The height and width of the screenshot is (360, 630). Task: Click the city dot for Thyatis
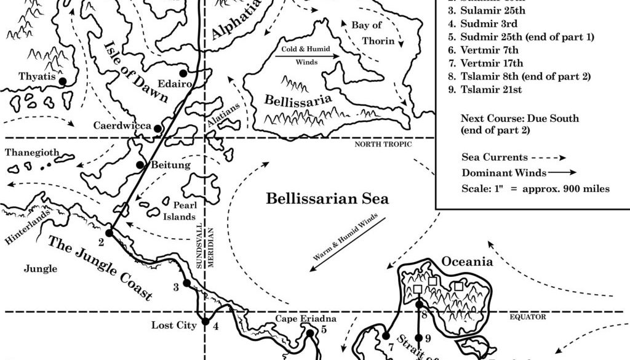click(62, 81)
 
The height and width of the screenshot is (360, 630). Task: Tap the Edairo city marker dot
click(183, 73)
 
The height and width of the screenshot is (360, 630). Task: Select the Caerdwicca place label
click(122, 126)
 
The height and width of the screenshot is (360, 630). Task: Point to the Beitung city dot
click(140, 164)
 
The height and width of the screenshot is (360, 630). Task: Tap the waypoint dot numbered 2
click(109, 233)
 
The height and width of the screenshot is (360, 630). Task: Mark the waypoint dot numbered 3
click(186, 284)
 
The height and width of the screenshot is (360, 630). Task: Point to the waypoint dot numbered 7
click(386, 336)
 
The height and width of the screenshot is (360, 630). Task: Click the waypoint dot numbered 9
click(419, 338)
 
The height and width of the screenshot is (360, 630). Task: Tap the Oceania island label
click(467, 262)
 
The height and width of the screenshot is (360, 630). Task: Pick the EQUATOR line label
click(528, 317)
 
